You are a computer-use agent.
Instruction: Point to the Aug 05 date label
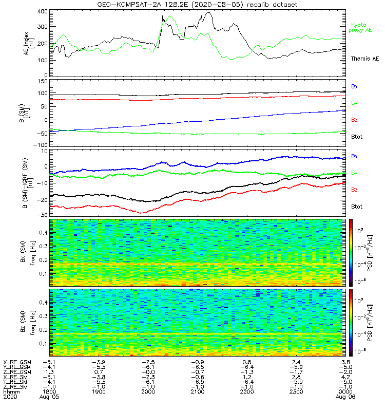point(49,397)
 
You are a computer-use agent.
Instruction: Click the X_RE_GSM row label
point(17,362)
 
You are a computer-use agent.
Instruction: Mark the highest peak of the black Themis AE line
point(208,13)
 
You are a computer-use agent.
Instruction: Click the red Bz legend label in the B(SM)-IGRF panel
point(354,190)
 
